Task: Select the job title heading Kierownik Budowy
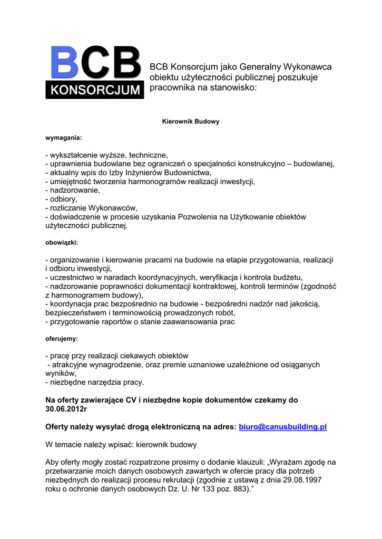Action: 190,122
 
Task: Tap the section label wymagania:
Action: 64,138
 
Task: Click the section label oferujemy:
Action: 62,339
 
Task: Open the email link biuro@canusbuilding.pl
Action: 283,427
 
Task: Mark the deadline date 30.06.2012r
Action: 66,408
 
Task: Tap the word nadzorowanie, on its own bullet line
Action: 74,191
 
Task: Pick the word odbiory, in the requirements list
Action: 64,199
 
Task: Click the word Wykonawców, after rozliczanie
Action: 113,208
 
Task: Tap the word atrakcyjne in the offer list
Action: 68,364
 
